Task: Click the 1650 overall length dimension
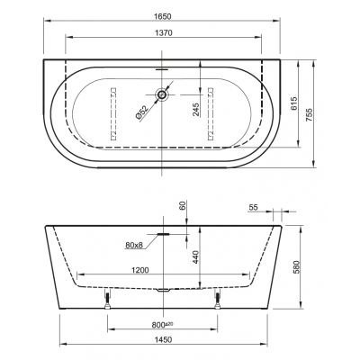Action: click(163, 16)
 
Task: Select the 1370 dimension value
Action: click(164, 32)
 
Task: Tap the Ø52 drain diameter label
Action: click(141, 112)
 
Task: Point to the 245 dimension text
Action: click(195, 110)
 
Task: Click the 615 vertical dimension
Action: click(293, 103)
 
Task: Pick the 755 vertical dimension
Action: click(309, 115)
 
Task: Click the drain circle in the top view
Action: click(162, 94)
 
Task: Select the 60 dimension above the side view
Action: click(183, 205)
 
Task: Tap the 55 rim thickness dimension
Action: click(254, 207)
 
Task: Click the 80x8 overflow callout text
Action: click(134, 246)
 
